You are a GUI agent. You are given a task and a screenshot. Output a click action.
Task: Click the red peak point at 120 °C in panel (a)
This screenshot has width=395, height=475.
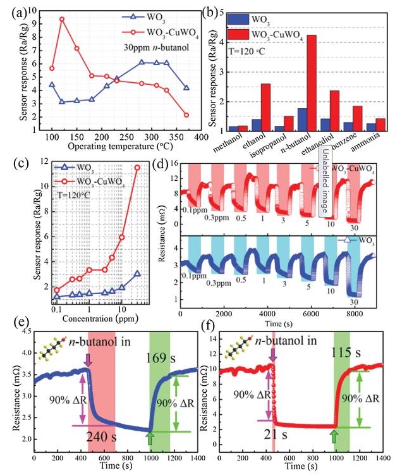click(62, 19)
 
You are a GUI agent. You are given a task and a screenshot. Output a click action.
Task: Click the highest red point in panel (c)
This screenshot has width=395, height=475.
click(137, 167)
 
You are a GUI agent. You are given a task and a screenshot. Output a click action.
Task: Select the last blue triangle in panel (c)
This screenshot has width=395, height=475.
click(137, 274)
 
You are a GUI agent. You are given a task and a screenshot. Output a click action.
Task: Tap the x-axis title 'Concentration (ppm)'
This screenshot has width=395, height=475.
click(99, 314)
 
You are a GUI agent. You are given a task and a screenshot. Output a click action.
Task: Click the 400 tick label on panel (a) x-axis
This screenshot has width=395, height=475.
click(201, 137)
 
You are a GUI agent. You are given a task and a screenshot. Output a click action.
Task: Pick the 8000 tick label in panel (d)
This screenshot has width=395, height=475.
click(357, 313)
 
